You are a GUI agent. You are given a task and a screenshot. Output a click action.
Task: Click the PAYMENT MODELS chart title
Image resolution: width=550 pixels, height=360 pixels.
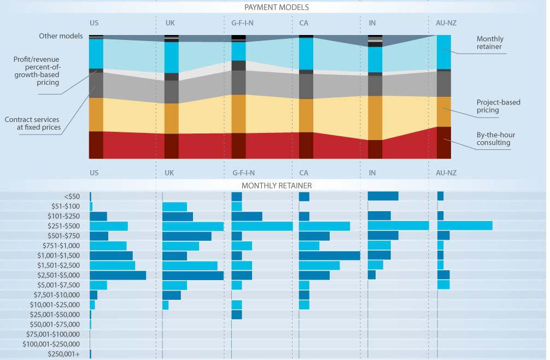click(277, 8)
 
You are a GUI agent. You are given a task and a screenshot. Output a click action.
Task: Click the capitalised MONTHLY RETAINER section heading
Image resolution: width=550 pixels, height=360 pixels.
click(277, 185)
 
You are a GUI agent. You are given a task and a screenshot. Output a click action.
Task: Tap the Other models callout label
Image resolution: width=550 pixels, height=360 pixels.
click(61, 36)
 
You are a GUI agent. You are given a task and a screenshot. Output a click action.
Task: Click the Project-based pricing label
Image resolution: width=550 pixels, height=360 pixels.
click(498, 106)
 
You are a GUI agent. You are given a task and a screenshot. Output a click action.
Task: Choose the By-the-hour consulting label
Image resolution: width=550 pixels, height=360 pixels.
click(495, 139)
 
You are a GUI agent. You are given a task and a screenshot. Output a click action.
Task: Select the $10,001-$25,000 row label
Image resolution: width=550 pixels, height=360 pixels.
click(55, 305)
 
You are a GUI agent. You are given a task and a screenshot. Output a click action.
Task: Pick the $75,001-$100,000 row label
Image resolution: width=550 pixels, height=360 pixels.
click(53, 334)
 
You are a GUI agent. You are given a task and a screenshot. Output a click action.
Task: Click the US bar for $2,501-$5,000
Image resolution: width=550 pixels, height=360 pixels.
click(118, 275)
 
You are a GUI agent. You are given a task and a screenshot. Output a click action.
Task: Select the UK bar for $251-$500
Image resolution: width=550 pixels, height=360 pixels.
click(193, 226)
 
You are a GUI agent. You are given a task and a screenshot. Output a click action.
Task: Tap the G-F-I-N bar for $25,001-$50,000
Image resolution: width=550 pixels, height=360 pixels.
click(237, 315)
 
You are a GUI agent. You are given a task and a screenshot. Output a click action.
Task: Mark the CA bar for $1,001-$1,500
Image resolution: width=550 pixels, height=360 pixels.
click(329, 256)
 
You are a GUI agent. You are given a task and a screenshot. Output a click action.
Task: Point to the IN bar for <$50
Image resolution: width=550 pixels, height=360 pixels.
click(383, 196)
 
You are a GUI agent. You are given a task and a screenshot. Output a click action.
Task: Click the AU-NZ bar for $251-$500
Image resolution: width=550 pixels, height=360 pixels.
click(465, 226)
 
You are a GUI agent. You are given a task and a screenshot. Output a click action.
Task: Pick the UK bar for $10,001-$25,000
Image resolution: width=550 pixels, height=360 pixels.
click(166, 305)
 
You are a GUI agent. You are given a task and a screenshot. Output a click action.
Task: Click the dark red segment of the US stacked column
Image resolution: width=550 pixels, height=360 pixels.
click(96, 145)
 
